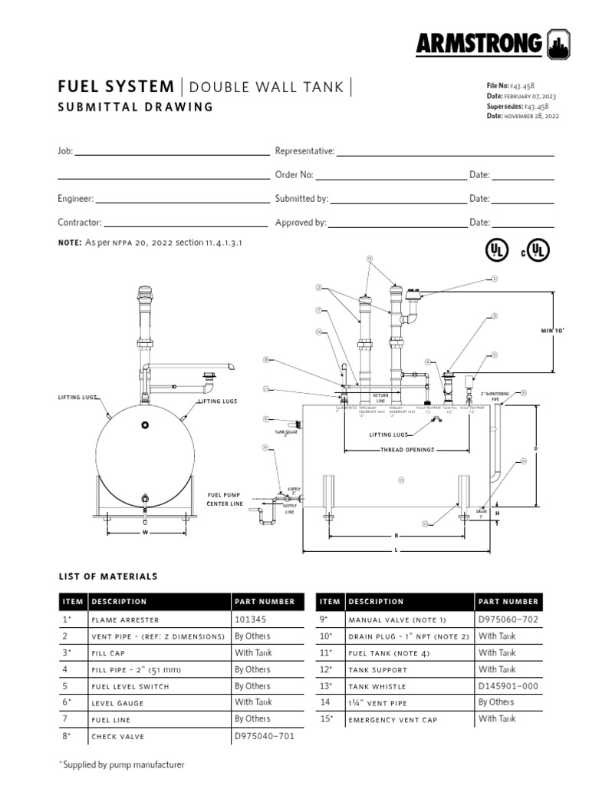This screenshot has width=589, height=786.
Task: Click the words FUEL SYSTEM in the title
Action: click(117, 87)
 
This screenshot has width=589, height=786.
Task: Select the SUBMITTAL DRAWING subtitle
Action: click(136, 107)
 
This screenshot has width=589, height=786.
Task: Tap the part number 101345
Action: click(250, 619)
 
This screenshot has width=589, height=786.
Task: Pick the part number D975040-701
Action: click(265, 736)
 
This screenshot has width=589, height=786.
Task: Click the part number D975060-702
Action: click(508, 619)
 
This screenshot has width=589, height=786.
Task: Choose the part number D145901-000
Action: click(508, 685)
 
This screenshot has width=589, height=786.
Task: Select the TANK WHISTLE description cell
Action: click(377, 686)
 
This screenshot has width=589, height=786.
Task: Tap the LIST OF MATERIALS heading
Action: click(108, 576)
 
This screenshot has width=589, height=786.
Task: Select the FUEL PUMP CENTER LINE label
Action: click(225, 500)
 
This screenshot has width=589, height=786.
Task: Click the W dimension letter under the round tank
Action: click(144, 531)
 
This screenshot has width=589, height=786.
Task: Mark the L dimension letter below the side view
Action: click(395, 551)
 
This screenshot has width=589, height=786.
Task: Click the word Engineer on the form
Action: click(75, 199)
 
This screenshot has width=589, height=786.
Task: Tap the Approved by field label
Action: click(301, 223)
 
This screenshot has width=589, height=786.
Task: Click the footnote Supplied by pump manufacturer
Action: click(123, 765)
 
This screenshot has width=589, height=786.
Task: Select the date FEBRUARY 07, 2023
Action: click(531, 97)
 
